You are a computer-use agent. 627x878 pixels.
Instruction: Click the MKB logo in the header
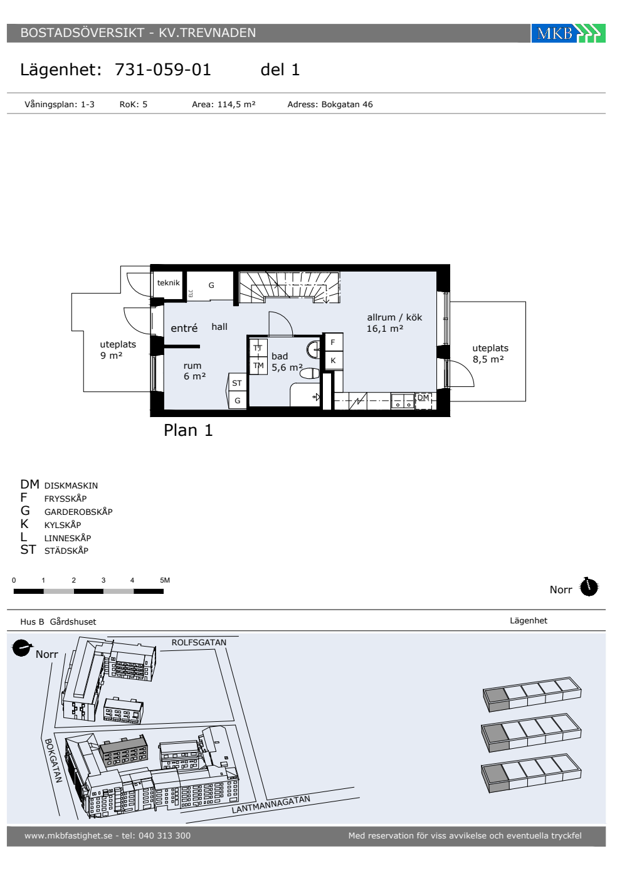[568, 33]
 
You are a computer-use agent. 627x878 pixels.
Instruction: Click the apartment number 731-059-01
[162, 70]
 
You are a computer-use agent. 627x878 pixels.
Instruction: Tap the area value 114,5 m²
[236, 104]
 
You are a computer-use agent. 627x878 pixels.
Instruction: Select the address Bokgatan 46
[347, 104]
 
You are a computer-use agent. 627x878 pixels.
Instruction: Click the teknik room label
[168, 283]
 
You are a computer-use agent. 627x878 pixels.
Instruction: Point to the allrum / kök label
[394, 317]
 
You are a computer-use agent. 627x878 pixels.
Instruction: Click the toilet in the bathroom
[310, 373]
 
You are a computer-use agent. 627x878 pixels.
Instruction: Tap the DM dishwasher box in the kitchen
[423, 401]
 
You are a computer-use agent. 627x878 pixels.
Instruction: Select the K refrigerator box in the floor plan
[333, 360]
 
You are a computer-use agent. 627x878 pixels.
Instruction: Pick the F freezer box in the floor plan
[333, 342]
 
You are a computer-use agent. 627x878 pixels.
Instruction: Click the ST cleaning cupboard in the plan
[237, 383]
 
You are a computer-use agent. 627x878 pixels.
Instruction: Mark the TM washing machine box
[258, 366]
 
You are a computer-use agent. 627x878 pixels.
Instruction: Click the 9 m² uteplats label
[112, 356]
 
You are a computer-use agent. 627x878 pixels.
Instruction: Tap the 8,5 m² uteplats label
[488, 359]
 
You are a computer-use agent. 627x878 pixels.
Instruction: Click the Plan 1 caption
[188, 430]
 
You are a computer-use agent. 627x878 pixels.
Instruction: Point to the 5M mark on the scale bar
[165, 580]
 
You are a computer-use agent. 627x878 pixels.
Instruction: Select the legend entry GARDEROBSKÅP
[78, 512]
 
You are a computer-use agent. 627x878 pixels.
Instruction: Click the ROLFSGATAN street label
[199, 642]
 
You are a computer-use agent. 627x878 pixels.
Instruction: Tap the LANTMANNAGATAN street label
[271, 804]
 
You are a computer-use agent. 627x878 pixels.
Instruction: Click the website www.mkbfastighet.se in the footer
[68, 835]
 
